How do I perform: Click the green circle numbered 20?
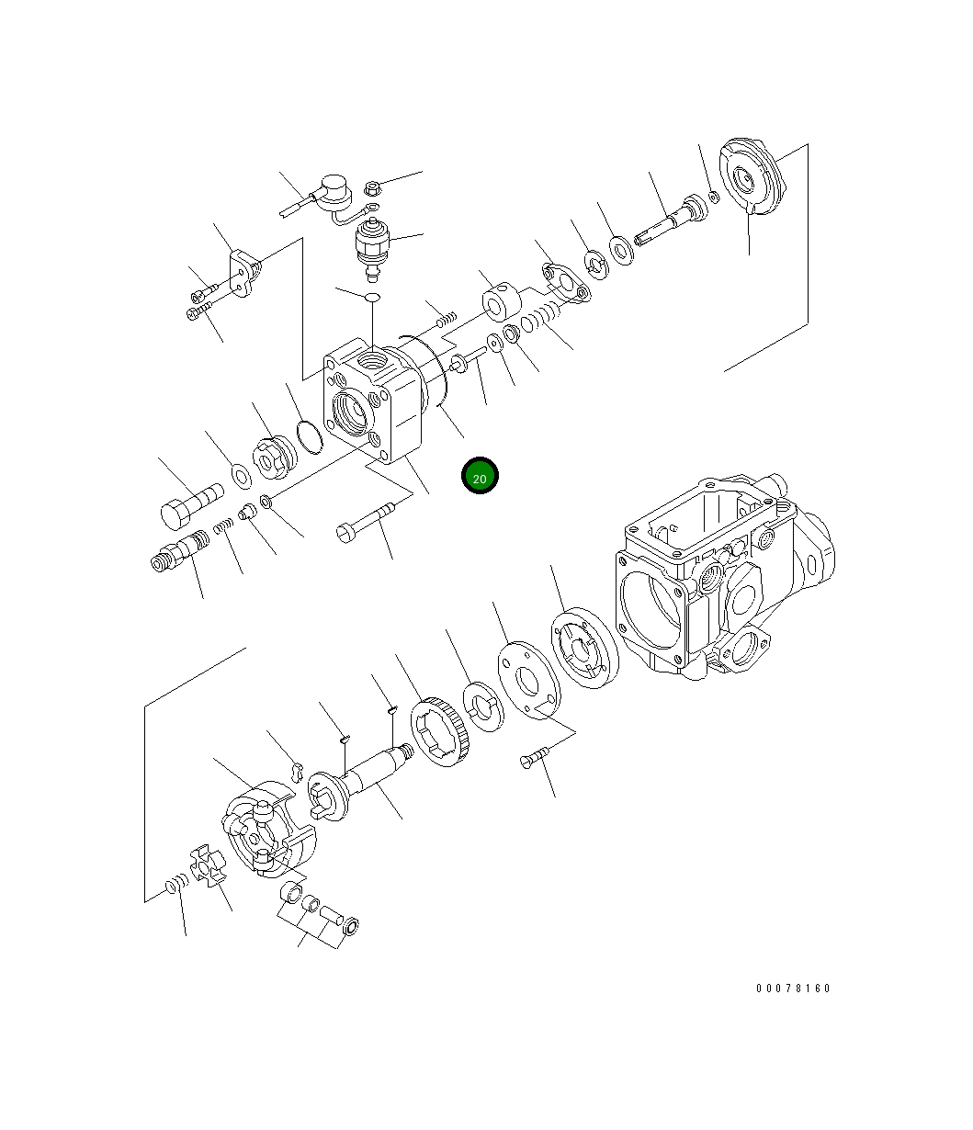pyautogui.click(x=480, y=476)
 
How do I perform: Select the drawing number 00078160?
pyautogui.click(x=793, y=989)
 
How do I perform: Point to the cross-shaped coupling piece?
pyautogui.click(x=208, y=866)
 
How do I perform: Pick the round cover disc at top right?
pyautogui.click(x=752, y=180)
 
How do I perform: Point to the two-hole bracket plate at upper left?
pyautogui.click(x=244, y=273)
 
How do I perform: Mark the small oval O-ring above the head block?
pyautogui.click(x=372, y=298)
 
